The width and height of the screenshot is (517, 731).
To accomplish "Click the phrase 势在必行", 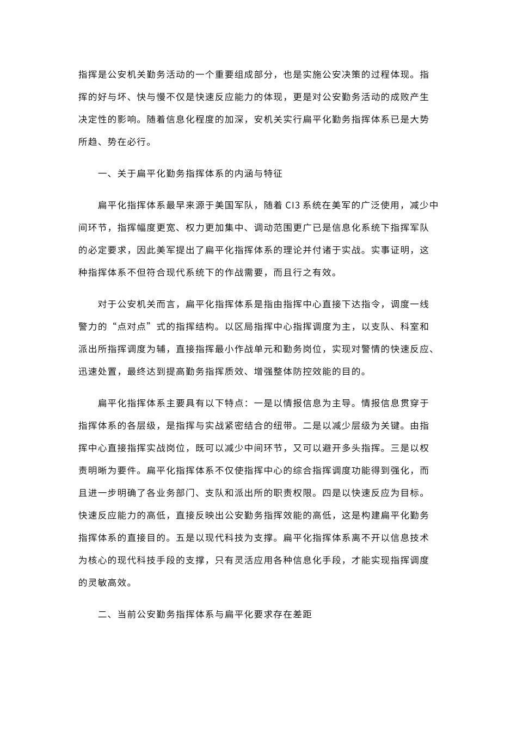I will coord(127,143).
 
